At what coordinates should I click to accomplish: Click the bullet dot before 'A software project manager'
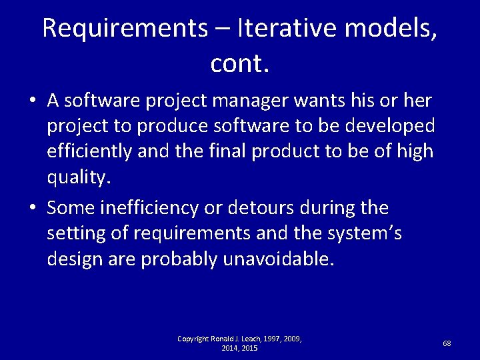(x=32, y=102)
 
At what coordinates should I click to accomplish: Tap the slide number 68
(x=447, y=343)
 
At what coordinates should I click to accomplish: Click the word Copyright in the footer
(x=193, y=339)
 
